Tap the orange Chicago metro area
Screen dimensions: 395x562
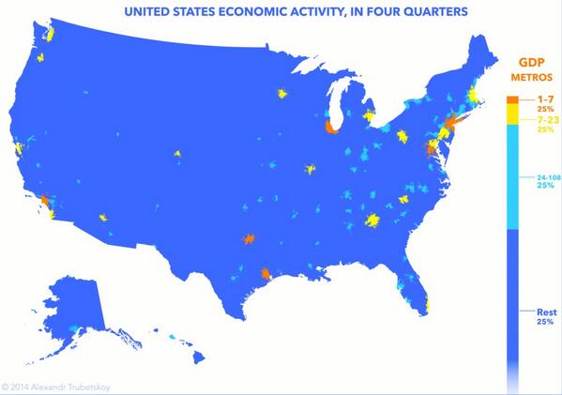(330, 128)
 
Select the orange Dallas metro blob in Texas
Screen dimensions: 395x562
(249, 240)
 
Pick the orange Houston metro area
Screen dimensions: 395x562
(267, 275)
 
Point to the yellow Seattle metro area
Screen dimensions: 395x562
(49, 33)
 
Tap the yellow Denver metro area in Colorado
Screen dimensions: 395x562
(176, 154)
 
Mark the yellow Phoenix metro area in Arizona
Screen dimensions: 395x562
(103, 219)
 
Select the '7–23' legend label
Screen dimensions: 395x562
(532, 120)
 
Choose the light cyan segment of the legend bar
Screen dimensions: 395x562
(511, 177)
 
